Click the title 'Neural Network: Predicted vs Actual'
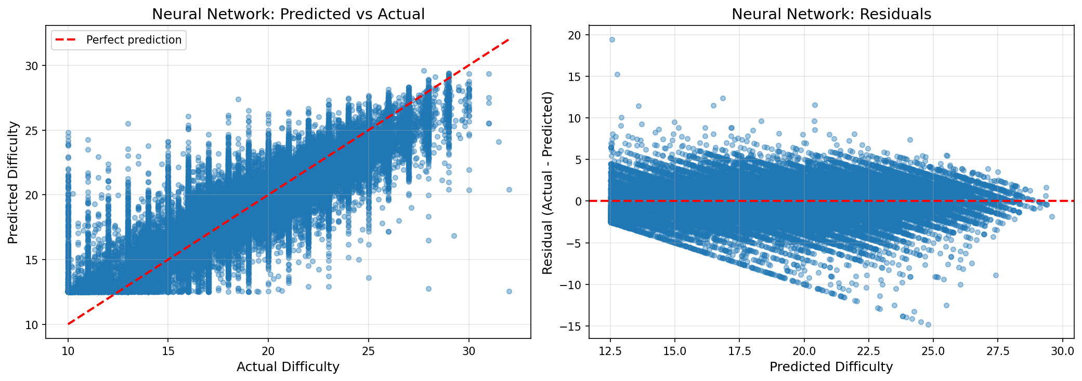[x=288, y=14]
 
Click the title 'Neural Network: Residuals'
[x=831, y=14]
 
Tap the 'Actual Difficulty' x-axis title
[x=288, y=367]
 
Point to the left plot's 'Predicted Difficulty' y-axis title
[x=13, y=182]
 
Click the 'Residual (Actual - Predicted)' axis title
[x=547, y=183]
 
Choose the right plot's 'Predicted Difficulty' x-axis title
[x=831, y=367]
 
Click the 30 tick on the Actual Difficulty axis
[x=469, y=351]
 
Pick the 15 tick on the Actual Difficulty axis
[x=168, y=351]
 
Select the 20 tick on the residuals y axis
[x=575, y=35]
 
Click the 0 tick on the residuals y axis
[x=578, y=201]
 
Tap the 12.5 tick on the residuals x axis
[x=610, y=351]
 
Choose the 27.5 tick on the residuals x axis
[x=998, y=351]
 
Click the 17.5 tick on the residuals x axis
[x=739, y=351]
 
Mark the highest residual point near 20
[x=612, y=39]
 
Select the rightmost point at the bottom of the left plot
[x=509, y=291]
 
